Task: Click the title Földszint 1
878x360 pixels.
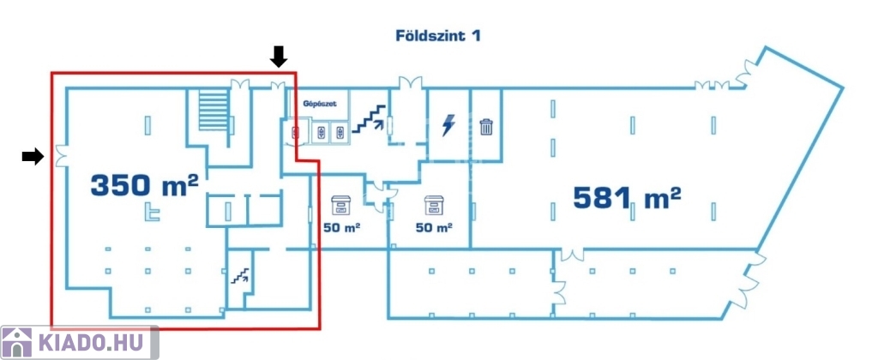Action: click(438, 36)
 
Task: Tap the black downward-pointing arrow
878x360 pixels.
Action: click(279, 56)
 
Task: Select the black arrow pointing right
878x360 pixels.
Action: click(33, 156)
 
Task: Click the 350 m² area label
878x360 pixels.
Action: click(144, 184)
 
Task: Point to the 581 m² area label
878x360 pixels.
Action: click(627, 197)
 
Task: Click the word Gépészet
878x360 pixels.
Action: click(320, 104)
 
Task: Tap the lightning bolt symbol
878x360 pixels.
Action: click(448, 125)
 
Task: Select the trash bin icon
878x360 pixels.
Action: click(486, 127)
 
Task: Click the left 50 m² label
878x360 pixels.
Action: click(341, 228)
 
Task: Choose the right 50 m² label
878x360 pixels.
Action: click(434, 228)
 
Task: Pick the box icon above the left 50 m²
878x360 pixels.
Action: click(340, 205)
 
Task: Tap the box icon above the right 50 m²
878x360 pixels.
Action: click(434, 205)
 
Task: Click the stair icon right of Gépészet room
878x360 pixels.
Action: click(369, 118)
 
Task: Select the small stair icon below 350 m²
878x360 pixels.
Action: click(241, 275)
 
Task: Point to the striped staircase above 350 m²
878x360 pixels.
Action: click(213, 111)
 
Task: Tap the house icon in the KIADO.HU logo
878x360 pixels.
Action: click(17, 342)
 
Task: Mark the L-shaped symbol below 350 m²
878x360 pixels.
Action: click(151, 213)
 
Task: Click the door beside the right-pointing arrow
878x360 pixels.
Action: click(61, 156)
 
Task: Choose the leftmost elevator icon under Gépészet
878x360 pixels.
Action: click(296, 133)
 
